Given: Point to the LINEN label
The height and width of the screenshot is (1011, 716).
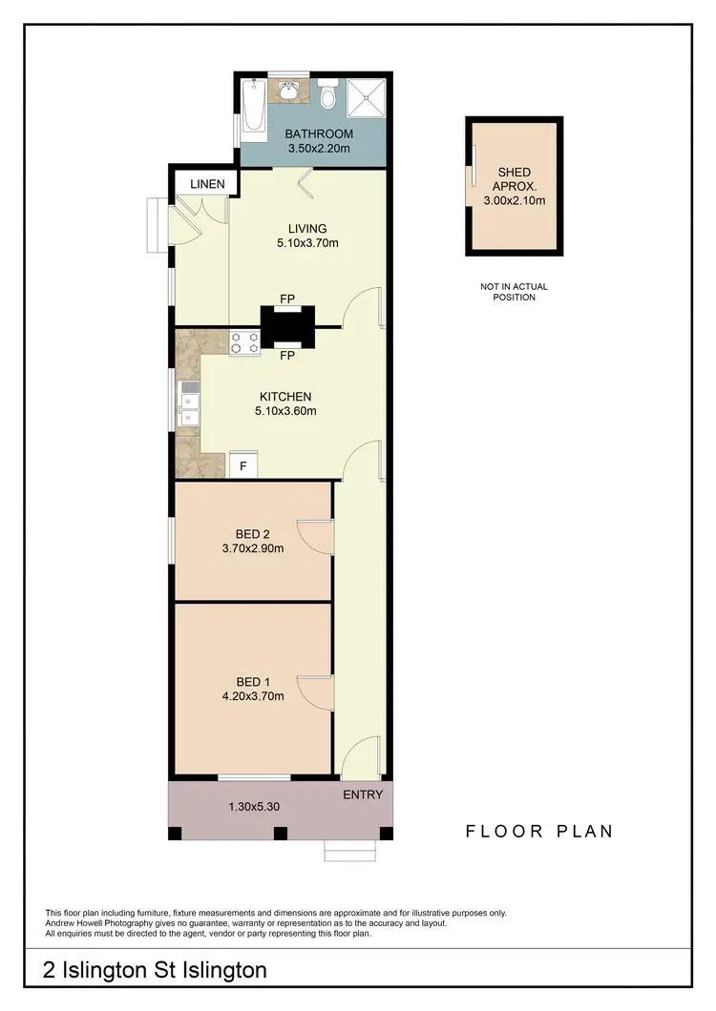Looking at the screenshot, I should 207,184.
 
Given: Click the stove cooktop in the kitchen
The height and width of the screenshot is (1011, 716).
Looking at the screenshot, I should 244,342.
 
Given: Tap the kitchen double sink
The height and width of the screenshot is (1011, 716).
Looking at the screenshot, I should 188,402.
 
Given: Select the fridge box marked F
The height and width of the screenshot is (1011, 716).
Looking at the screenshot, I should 242,466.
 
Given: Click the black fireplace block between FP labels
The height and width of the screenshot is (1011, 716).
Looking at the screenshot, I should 287,326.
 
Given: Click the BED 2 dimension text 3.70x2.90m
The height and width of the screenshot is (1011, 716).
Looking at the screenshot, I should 254,548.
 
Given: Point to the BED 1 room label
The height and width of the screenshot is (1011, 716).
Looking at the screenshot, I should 254,681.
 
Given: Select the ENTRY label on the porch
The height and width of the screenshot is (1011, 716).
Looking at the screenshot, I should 363,794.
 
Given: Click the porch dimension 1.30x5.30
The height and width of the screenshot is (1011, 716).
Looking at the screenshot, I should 253,807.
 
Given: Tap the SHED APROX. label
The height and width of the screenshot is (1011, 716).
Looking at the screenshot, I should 514,179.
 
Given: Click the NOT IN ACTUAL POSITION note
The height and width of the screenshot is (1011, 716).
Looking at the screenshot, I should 514,292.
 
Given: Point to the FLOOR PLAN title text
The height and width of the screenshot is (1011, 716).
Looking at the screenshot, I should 539,831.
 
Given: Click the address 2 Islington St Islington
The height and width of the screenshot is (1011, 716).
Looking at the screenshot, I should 155,971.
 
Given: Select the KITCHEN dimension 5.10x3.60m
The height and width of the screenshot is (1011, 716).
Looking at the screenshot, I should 285,411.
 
